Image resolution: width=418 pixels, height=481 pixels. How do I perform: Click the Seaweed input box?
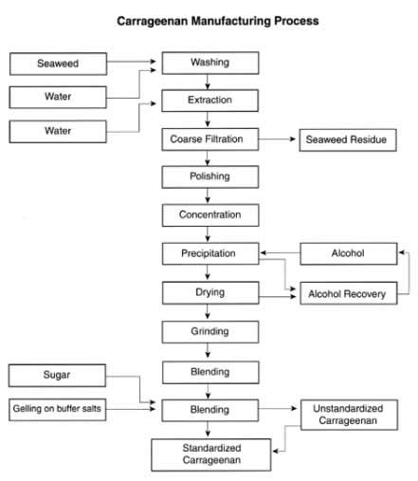coord(58,64)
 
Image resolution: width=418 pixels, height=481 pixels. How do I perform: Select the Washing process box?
coord(210,63)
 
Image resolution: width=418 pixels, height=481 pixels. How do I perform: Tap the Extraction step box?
coord(209,101)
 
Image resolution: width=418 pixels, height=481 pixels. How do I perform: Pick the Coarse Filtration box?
coord(210,139)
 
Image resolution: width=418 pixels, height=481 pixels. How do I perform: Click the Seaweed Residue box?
coord(348,139)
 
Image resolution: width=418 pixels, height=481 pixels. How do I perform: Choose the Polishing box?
coord(210,176)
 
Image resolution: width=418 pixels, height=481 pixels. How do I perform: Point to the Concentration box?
coord(210,215)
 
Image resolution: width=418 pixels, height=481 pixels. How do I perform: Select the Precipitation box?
coord(210,253)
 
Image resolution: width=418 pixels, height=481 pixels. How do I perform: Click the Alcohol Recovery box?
coord(349,293)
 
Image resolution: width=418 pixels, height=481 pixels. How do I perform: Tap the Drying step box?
coord(210,293)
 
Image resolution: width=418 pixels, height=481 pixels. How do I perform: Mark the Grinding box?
coord(210,332)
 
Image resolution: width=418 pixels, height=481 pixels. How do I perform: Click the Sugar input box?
coord(57,376)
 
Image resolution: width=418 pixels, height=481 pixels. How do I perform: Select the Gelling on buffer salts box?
coord(57,410)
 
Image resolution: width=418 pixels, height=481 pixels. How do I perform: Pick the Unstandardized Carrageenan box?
coord(349,415)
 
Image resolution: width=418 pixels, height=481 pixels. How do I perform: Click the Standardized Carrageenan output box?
coord(211,454)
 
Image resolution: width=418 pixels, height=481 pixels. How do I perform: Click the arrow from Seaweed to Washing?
coord(132,62)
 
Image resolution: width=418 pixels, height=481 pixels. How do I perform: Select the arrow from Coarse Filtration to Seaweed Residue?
coord(277,139)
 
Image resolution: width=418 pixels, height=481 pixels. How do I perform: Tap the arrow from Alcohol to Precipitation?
coord(280,252)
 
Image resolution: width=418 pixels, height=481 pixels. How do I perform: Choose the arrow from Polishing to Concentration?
coord(208,195)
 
